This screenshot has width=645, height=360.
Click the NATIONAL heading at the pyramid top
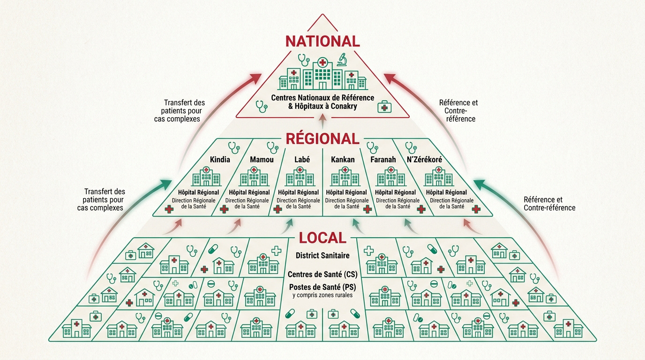(322, 41)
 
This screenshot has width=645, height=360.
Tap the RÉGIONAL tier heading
(322, 139)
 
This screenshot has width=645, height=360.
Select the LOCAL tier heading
(322, 238)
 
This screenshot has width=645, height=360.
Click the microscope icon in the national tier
(342, 60)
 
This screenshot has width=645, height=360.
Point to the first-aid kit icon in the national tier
(384, 106)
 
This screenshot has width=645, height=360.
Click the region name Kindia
(220, 159)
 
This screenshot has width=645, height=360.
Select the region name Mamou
(262, 159)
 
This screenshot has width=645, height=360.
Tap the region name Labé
(302, 159)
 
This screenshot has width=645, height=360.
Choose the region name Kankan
(343, 159)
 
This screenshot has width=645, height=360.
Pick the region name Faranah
(383, 159)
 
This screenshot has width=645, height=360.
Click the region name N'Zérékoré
(424, 159)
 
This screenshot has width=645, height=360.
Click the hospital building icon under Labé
(300, 176)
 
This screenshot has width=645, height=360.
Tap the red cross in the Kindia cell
(169, 210)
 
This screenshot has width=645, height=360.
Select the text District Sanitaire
(322, 255)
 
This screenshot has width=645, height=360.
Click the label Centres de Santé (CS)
(322, 275)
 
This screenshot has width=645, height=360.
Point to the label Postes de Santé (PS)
(322, 287)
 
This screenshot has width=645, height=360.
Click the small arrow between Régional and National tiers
(322, 121)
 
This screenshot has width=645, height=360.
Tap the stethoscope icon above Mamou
(272, 148)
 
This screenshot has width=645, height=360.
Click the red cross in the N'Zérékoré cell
(476, 210)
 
